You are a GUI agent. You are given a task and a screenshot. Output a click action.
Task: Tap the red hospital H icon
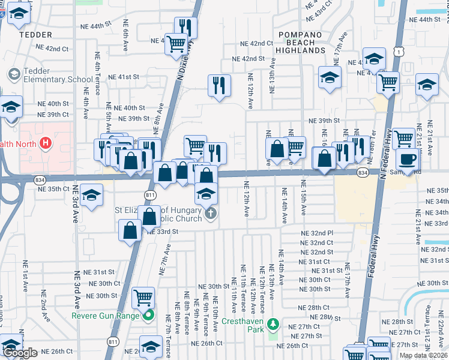click(44, 143)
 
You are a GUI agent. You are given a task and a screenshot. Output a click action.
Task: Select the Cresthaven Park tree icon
click(274, 325)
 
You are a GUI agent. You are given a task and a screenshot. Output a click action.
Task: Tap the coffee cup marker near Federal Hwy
click(408, 160)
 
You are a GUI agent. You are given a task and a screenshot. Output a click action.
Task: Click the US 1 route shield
click(398, 52)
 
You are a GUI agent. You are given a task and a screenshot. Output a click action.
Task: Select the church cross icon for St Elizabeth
click(209, 214)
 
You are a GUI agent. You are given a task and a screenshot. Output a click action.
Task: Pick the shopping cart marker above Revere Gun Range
click(143, 297)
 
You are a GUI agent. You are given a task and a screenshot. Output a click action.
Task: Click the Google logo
click(20, 353)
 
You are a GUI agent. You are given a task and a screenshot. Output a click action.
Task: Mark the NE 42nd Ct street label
click(257, 43)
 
